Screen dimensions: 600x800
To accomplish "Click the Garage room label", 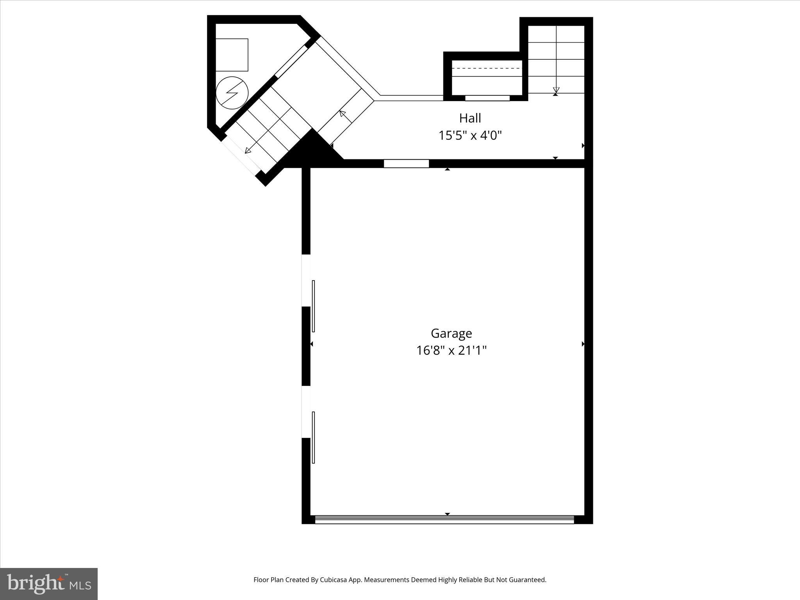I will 451,333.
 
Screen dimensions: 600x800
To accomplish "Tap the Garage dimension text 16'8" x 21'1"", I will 451,350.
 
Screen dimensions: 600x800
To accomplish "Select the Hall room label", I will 470,118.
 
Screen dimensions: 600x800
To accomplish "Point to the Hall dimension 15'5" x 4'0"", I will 470,136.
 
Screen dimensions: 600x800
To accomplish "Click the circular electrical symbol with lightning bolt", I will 232,93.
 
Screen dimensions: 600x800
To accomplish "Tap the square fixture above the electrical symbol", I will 232,55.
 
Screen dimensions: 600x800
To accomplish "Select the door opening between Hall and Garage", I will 406,164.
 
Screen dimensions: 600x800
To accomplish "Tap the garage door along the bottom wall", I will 444,520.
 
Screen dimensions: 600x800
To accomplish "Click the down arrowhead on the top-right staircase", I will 556,90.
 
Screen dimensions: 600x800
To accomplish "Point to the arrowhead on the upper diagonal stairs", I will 342,114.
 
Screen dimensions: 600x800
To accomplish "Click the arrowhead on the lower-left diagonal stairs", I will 248,150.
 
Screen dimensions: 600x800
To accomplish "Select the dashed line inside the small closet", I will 487,68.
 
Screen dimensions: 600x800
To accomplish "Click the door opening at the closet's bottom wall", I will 487,98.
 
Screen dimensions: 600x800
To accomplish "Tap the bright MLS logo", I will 49,584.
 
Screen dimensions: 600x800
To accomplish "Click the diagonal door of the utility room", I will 291,62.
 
